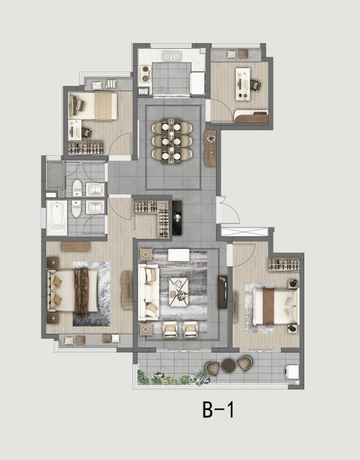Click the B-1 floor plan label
point(218,410)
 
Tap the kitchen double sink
point(172,55)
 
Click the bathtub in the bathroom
point(57,217)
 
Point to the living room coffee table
point(179,292)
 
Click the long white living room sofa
point(149,292)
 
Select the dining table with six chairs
point(172,141)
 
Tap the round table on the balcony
point(229,365)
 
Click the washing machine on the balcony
point(292,372)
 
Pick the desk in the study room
point(243,84)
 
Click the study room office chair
point(256,85)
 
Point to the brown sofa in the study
point(251,117)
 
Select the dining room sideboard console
point(211,148)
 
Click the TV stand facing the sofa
point(223,292)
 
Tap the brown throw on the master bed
point(82,291)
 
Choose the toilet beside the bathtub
point(76,208)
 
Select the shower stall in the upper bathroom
point(56,175)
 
